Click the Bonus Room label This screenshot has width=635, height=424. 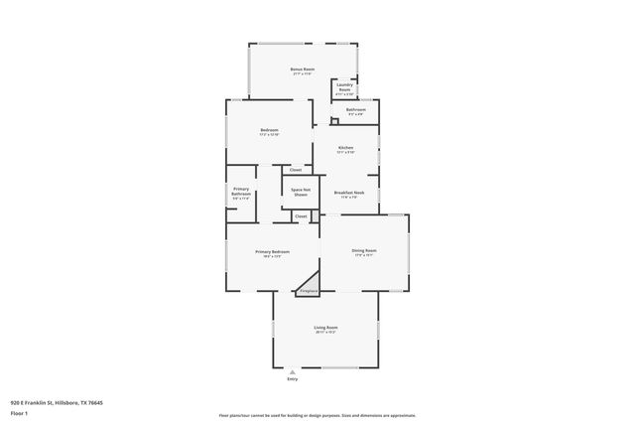tap(302, 69)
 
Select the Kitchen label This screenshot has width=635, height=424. tap(344, 147)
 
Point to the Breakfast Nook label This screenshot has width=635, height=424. tap(349, 192)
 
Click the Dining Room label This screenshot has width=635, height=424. tap(364, 250)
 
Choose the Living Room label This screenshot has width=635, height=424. tap(326, 328)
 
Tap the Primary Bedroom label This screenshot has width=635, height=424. tap(272, 252)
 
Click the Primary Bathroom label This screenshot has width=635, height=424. tap(241, 191)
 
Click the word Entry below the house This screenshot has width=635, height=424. tap(292, 379)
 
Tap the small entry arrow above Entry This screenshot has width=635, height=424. tap(292, 371)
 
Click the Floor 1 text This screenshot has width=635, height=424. tap(19, 412)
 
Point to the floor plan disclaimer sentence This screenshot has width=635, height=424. tap(317, 416)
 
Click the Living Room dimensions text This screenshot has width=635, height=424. tap(326, 333)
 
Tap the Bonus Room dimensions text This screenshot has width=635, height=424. tap(302, 74)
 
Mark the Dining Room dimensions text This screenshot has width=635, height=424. tap(364, 255)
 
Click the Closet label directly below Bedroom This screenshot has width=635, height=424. tap(296, 170)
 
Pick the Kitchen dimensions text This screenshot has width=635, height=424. tap(344, 152)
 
